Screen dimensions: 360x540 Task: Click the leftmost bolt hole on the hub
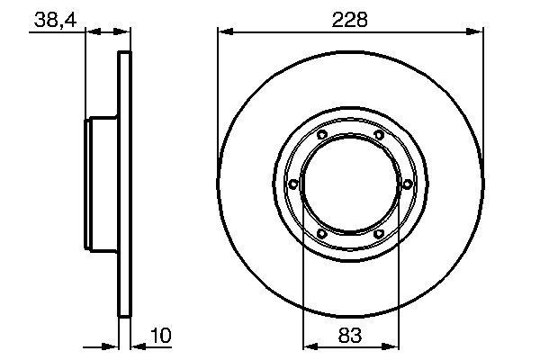(294, 185)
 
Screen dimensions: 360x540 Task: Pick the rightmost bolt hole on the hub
(407, 184)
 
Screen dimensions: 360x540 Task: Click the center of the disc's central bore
(350, 185)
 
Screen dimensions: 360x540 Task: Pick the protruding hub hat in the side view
(102, 185)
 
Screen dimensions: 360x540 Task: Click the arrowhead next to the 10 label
(137, 345)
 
